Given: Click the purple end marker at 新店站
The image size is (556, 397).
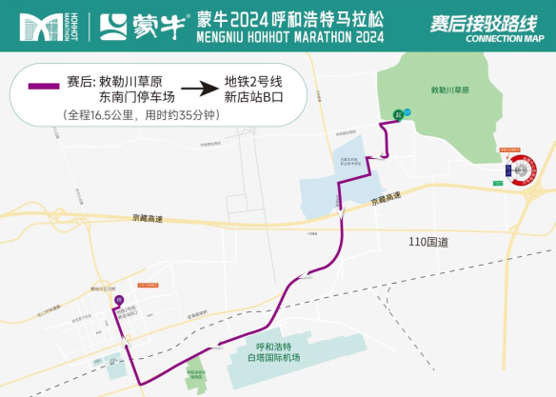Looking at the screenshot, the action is [x=119, y=301].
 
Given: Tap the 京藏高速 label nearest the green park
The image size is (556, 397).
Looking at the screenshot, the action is [x=386, y=199].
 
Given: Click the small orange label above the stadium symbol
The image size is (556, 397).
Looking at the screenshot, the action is [x=513, y=149].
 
